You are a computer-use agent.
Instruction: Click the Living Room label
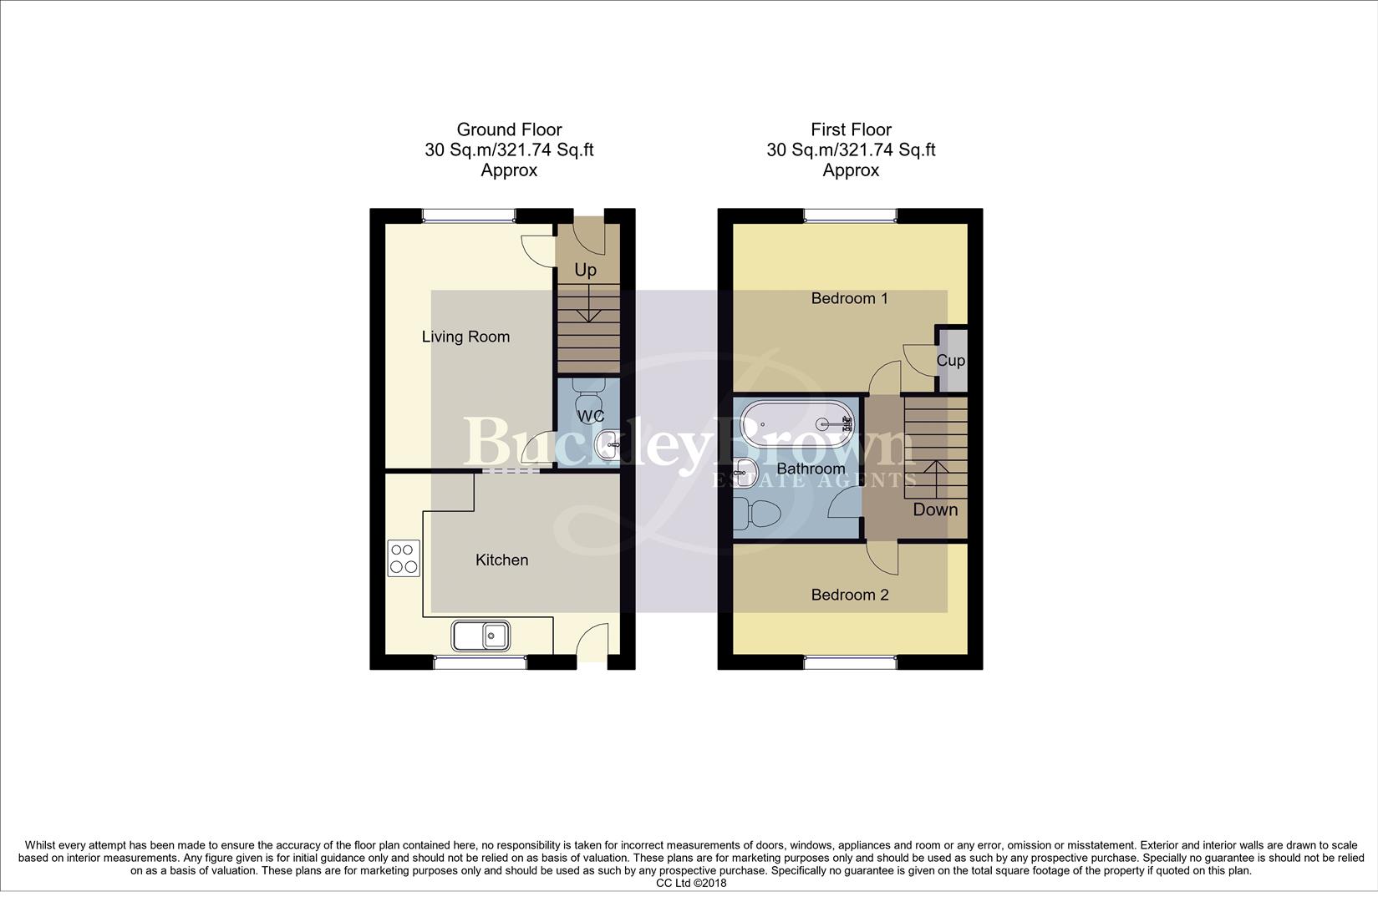tap(465, 337)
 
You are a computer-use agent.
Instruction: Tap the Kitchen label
tap(501, 560)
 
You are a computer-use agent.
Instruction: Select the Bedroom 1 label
tap(849, 298)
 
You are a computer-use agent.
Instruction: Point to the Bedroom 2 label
tap(849, 595)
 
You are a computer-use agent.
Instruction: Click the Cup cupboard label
tap(950, 361)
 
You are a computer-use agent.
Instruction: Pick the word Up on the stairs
tap(585, 270)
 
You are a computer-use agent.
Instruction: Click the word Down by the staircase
tap(934, 509)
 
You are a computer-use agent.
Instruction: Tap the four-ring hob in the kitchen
tap(404, 559)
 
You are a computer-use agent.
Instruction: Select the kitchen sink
tap(481, 636)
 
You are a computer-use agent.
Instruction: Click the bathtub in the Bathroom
tap(798, 424)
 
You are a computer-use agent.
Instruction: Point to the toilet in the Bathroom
tap(755, 513)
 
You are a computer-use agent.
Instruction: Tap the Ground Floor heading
tap(509, 129)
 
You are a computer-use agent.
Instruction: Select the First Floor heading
tap(851, 129)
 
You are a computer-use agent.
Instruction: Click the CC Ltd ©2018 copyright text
tap(691, 883)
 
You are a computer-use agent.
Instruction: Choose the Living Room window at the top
tap(468, 215)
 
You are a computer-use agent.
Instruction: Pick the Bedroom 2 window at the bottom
tap(850, 662)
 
